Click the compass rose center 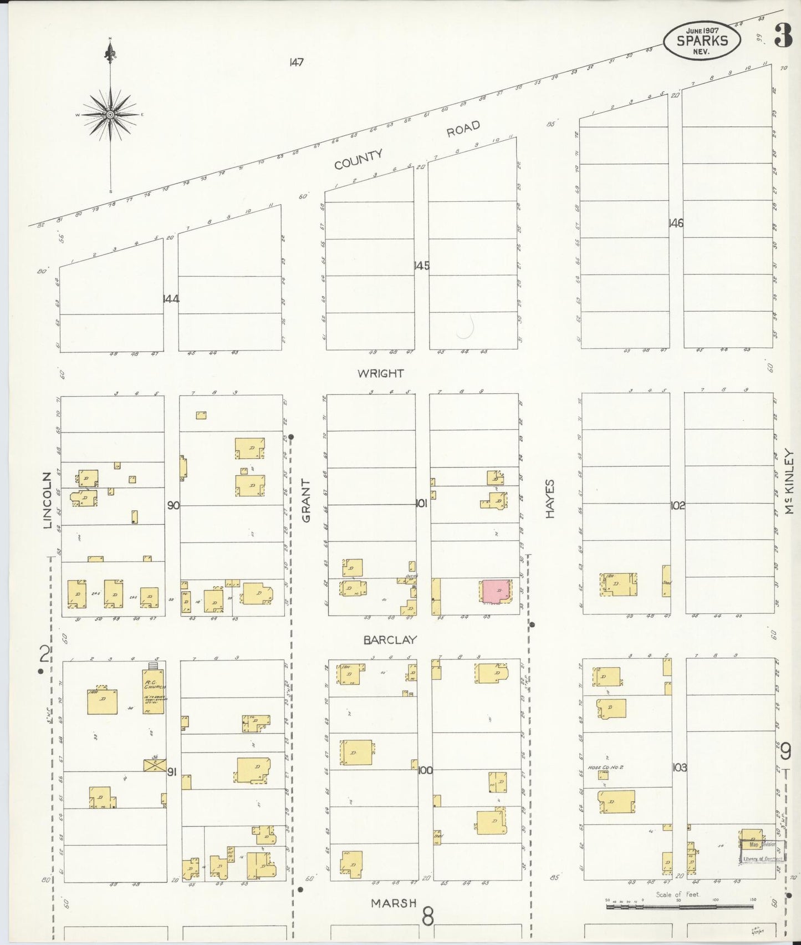110,114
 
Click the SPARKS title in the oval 702,40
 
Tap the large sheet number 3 783,37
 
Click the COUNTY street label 358,160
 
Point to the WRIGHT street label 380,373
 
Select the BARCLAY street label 390,639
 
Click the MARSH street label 394,903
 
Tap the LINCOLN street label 47,500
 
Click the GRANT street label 306,501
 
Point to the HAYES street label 550,499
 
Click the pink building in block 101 496,592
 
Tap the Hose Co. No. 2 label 606,768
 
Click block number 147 296,62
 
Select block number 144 171,299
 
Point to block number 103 679,768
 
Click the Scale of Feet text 677,895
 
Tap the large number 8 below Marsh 427,916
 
